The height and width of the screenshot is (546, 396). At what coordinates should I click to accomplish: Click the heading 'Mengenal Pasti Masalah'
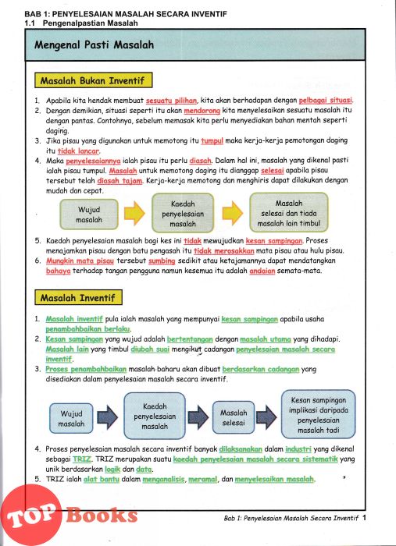pyautogui.click(x=95, y=45)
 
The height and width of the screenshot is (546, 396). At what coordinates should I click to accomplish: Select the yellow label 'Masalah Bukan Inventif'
pyautogui.click(x=94, y=80)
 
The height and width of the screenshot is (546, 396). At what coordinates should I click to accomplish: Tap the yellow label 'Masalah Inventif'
pyautogui.click(x=78, y=298)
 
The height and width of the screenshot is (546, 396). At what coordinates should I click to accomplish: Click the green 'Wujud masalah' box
pyautogui.click(x=89, y=214)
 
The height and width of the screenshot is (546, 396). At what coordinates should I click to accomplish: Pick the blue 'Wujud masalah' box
pyautogui.click(x=71, y=419)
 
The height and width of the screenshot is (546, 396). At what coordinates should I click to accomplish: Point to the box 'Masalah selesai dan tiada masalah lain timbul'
pyautogui.click(x=289, y=213)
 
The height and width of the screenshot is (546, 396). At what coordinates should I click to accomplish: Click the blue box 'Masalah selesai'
pyautogui.click(x=234, y=417)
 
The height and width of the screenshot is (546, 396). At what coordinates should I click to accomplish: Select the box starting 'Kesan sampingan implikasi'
pyautogui.click(x=318, y=415)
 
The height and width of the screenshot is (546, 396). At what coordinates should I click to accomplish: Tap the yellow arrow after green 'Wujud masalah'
pyautogui.click(x=134, y=213)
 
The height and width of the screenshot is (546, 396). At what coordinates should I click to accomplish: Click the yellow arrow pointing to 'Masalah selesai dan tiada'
pyautogui.click(x=233, y=213)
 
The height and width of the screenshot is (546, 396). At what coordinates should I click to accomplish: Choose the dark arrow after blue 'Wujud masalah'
pyautogui.click(x=108, y=417)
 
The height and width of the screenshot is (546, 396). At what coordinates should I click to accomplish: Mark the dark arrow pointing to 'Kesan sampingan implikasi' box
pyautogui.click(x=266, y=417)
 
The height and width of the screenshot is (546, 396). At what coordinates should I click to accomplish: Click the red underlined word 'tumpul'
pyautogui.click(x=212, y=140)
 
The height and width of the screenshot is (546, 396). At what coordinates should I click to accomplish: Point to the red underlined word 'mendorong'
pyautogui.click(x=202, y=111)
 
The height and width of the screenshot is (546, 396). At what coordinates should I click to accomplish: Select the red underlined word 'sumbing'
pyautogui.click(x=162, y=261)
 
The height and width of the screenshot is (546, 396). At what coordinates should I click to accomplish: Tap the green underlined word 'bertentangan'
pyautogui.click(x=190, y=339)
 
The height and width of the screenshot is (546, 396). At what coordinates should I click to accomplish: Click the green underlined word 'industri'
pyautogui.click(x=298, y=449)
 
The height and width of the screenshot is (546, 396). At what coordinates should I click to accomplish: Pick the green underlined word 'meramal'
pyautogui.click(x=202, y=479)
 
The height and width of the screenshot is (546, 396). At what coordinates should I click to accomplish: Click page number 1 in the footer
pyautogui.click(x=364, y=518)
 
